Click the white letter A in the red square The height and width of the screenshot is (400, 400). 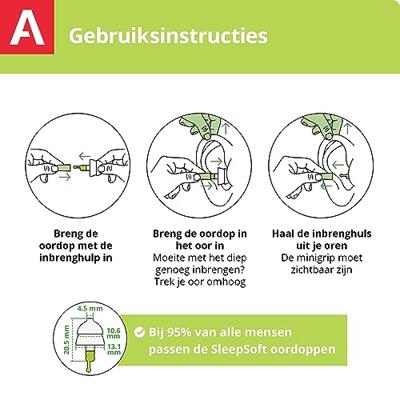(x=27, y=28)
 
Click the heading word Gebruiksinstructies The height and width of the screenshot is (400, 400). (x=168, y=36)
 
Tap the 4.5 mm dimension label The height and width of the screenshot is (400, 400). (x=90, y=309)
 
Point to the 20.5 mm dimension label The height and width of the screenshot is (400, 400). (x=67, y=341)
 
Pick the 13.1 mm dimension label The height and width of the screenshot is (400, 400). (x=114, y=349)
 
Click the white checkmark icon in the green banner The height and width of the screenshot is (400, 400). (x=139, y=332)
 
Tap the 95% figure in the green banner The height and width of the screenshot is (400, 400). (x=179, y=332)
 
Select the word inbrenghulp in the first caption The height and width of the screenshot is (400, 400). (x=72, y=258)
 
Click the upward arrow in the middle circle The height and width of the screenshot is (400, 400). (x=227, y=129)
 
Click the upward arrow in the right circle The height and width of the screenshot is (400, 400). (x=348, y=128)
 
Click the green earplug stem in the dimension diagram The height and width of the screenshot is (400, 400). (x=90, y=361)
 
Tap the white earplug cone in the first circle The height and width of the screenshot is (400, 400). (x=94, y=167)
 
